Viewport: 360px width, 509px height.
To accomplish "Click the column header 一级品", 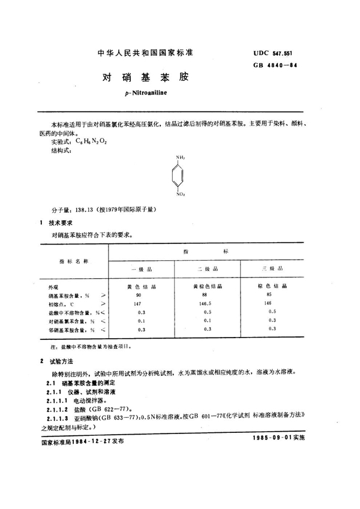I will pos(141,270).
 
